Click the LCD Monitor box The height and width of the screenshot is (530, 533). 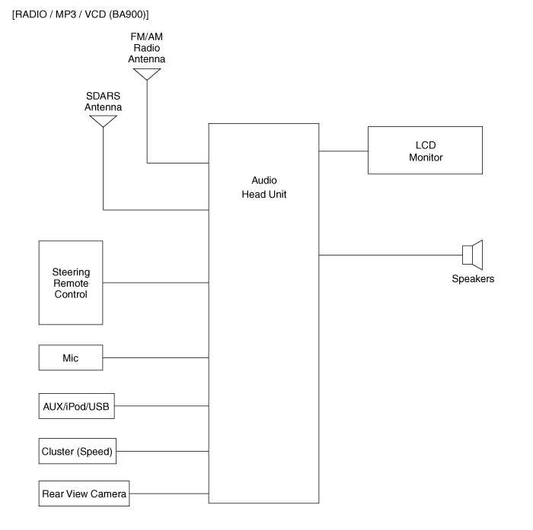[x=425, y=151]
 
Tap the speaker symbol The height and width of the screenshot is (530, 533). [x=473, y=254]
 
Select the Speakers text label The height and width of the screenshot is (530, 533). [x=473, y=279]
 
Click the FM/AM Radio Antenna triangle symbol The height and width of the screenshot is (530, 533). [x=146, y=74]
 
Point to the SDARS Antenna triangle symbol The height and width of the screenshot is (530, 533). [x=104, y=120]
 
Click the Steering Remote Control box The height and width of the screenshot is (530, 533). [x=70, y=283]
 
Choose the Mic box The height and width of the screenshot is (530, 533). [x=70, y=357]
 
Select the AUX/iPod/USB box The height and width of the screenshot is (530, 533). [x=76, y=407]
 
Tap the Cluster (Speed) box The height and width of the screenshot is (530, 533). [x=77, y=451]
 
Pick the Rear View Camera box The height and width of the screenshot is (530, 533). [x=84, y=494]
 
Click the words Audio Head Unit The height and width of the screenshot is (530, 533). [x=263, y=187]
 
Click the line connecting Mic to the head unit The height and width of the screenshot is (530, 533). [x=155, y=357]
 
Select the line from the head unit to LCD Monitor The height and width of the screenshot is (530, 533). [x=343, y=151]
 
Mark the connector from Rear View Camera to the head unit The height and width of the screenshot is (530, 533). [x=168, y=494]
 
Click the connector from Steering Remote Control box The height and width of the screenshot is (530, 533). [x=155, y=283]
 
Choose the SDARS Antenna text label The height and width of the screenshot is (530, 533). [x=104, y=103]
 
